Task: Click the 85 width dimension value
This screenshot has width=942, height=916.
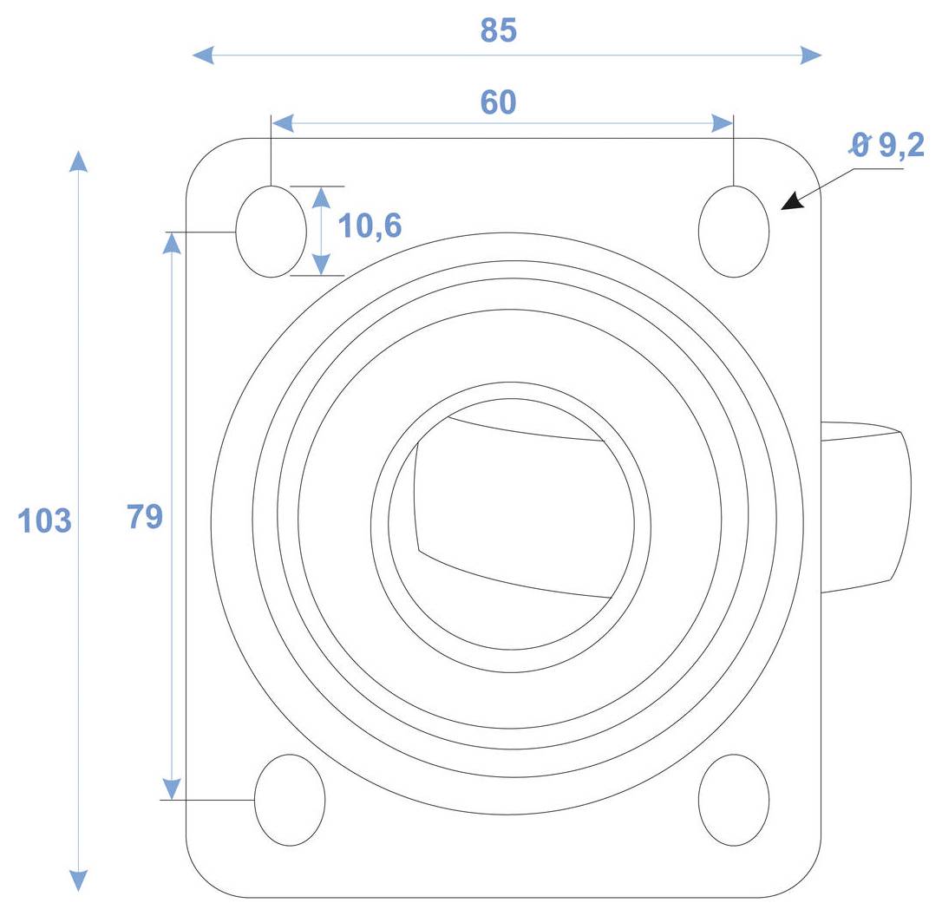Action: point(499,30)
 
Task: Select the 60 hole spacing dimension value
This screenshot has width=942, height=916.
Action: point(499,102)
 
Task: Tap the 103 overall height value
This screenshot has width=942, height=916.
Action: point(44,521)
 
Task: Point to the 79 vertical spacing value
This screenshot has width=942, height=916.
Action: point(145,516)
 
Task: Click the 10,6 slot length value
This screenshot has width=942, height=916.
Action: point(370,226)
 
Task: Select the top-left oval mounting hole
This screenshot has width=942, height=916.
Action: point(271,232)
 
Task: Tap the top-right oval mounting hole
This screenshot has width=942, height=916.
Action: point(734,232)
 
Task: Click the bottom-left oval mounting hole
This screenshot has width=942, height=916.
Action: point(290,800)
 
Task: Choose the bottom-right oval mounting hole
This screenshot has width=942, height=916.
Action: point(734,800)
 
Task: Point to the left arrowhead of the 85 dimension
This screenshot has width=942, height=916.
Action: point(202,56)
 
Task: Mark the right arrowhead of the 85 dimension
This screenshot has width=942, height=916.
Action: point(811,56)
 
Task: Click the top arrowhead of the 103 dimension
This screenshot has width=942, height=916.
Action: point(79,162)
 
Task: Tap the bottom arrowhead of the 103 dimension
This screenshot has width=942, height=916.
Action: point(79,880)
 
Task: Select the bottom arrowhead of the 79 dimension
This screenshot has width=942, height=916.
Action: point(172,788)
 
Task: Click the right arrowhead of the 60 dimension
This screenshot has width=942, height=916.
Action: point(722,123)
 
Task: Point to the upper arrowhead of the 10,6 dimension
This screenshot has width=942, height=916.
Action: point(321,197)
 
